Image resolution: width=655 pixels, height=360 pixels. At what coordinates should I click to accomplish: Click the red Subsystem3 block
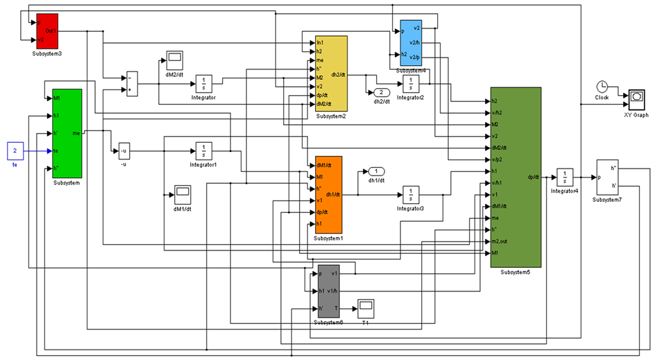coord(47,31)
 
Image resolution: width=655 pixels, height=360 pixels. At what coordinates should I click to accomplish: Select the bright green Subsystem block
coord(67,132)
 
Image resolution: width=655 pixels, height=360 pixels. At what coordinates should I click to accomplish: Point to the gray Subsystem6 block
coord(325,291)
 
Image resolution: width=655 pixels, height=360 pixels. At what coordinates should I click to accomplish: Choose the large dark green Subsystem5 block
coord(515,177)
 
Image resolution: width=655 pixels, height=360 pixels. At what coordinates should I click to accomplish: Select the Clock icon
coord(602,87)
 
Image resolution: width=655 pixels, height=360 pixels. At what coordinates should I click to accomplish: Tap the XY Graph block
coord(636,96)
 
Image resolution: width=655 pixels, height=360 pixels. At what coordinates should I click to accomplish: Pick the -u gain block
coord(123,151)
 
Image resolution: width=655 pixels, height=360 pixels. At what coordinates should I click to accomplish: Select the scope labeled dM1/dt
coord(182,191)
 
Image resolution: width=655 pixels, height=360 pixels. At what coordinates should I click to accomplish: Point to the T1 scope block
coord(365,306)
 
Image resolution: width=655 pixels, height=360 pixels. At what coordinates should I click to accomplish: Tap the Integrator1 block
coord(203,151)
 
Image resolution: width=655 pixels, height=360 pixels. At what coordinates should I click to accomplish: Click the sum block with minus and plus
coord(132,83)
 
